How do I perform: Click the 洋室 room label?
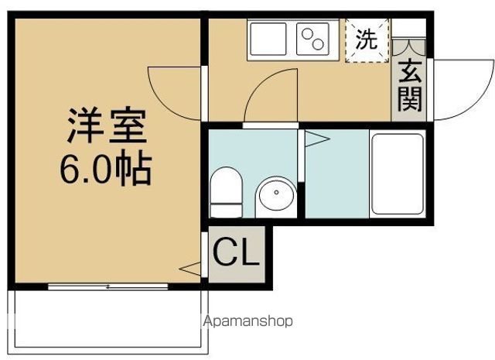(107, 125)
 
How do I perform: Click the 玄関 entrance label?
(410, 85)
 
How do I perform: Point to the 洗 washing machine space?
(367, 40)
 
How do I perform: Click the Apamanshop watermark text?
(247, 321)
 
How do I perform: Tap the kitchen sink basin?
(268, 39)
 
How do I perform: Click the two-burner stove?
(312, 39)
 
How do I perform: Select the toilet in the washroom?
(226, 193)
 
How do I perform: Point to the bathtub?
(398, 174)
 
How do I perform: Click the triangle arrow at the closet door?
(190, 269)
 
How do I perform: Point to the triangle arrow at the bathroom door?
(317, 139)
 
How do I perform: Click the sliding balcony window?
(108, 286)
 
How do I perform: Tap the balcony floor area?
(108, 321)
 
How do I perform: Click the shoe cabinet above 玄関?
(409, 48)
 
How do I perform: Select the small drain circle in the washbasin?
(277, 192)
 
